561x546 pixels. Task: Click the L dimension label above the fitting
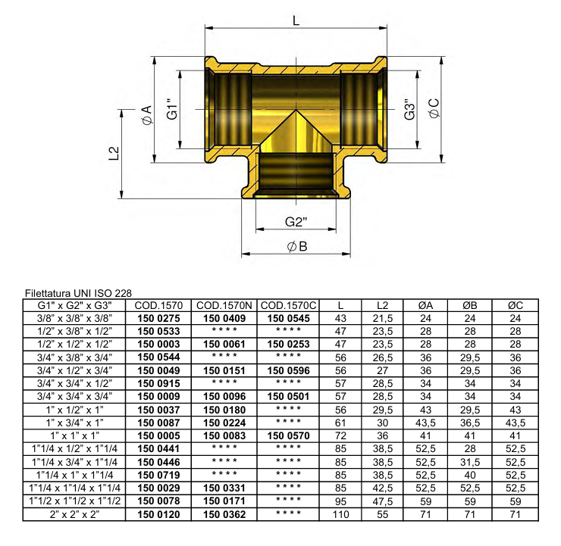click(x=296, y=20)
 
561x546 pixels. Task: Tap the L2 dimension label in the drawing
click(x=114, y=154)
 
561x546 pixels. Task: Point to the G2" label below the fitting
click(x=296, y=223)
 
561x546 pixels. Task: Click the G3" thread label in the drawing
click(x=409, y=111)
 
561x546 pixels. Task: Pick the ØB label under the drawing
click(x=296, y=247)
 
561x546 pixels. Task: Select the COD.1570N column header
click(x=224, y=306)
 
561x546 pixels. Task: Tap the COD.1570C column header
click(x=288, y=306)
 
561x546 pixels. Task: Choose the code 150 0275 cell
click(x=158, y=319)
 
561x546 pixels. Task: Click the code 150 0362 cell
click(x=224, y=514)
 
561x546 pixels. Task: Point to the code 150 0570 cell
click(x=288, y=436)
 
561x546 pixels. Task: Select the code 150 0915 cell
click(x=158, y=384)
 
